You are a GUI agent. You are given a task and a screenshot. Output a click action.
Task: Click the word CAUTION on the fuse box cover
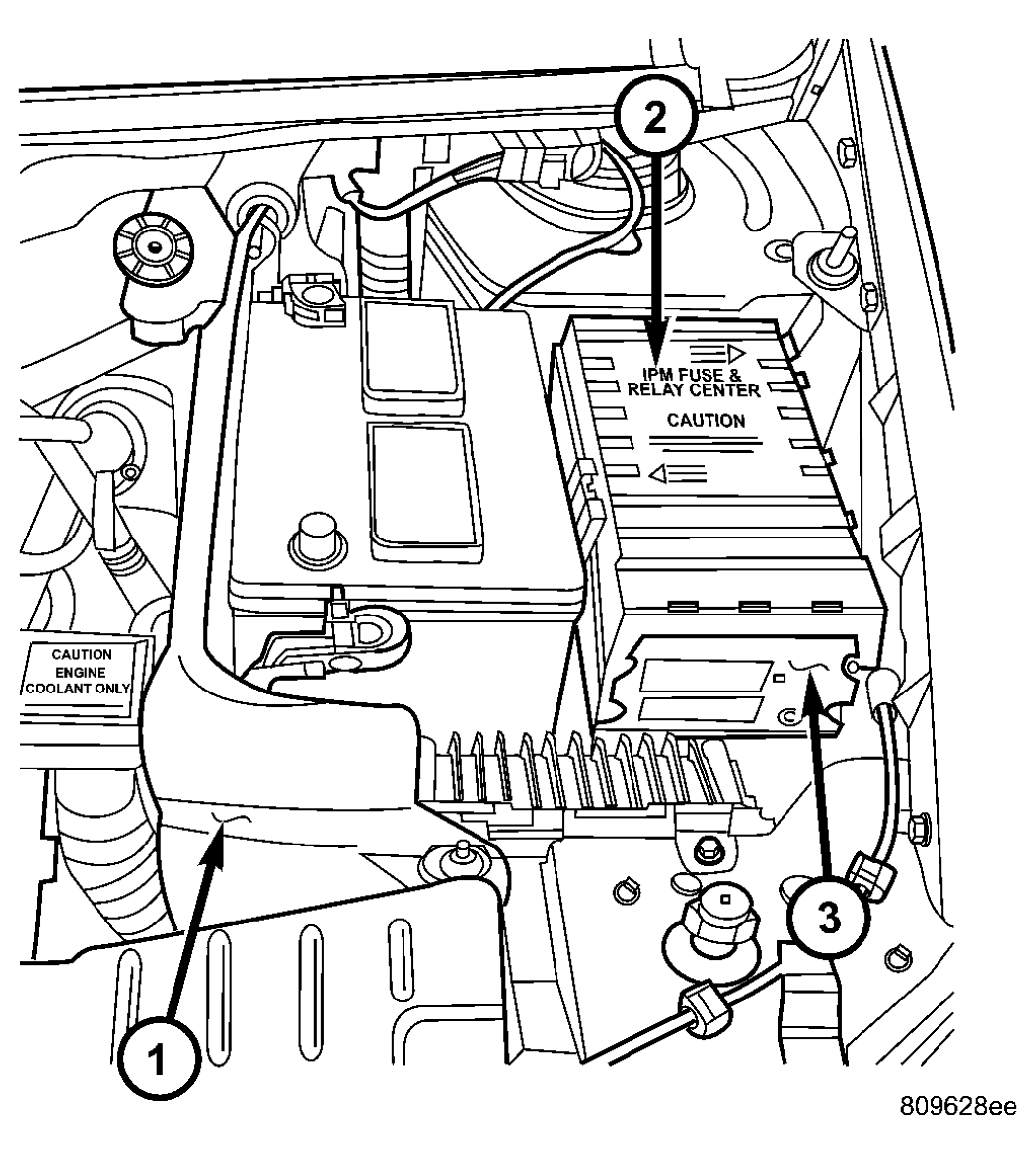706,421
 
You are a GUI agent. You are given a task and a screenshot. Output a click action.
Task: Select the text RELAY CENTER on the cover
693,391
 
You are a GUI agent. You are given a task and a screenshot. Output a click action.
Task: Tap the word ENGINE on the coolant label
80,673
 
